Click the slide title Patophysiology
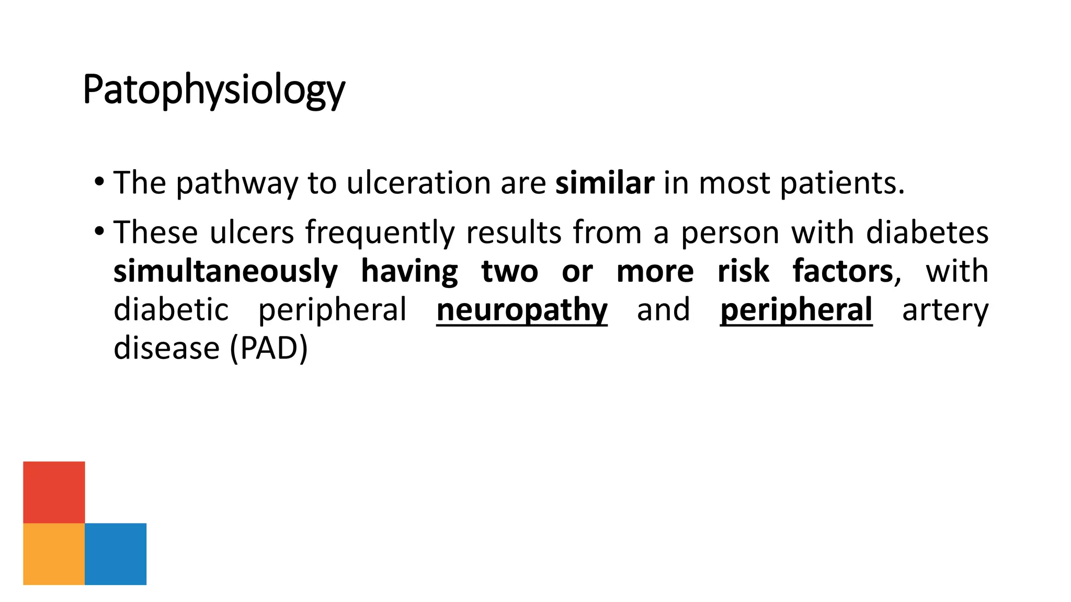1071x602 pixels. [213, 90]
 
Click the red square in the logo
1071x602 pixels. [54, 492]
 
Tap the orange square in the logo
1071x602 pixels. [54, 553]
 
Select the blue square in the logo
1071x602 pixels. [116, 553]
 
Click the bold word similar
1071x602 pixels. [605, 183]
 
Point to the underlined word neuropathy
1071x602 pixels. [522, 309]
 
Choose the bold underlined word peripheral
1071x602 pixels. [796, 309]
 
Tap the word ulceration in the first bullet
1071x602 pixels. [419, 183]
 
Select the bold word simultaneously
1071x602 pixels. [226, 271]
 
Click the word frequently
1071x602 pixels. [380, 233]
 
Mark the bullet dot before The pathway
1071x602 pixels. [99, 182]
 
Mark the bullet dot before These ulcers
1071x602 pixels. [99, 231]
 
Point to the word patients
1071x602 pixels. [842, 183]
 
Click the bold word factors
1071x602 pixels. [843, 271]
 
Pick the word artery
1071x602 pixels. [945, 309]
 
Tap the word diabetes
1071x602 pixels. [927, 233]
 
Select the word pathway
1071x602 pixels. [236, 183]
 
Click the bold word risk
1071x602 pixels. [743, 271]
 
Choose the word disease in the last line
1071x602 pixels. [167, 348]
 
